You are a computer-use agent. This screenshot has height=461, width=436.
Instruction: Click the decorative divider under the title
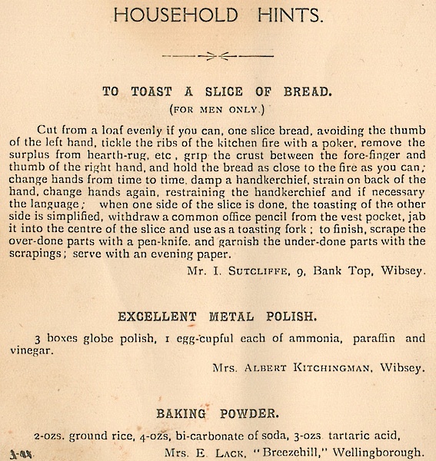[x=218, y=55]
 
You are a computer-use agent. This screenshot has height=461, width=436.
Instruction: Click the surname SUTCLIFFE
[x=261, y=270]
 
